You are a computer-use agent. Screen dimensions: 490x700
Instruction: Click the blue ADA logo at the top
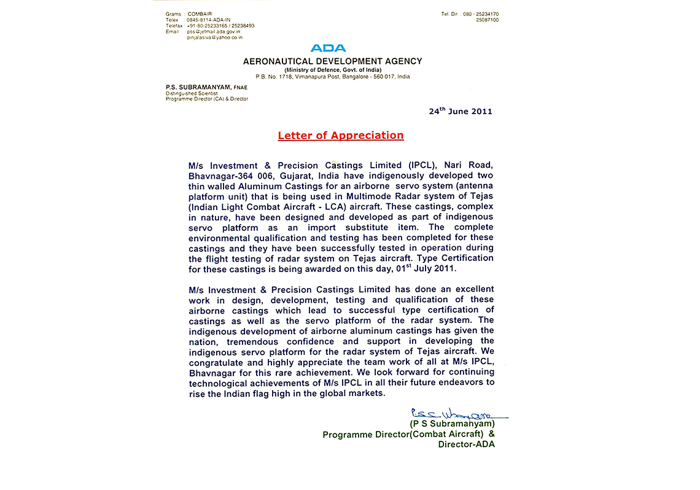pyautogui.click(x=328, y=48)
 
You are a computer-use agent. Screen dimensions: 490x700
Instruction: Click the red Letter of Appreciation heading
pyautogui.click(x=341, y=136)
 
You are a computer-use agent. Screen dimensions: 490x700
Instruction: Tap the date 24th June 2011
pyautogui.click(x=461, y=111)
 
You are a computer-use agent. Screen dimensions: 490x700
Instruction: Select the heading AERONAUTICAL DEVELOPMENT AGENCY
pyautogui.click(x=332, y=61)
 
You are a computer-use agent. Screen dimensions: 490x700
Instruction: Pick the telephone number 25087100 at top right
pyautogui.click(x=487, y=20)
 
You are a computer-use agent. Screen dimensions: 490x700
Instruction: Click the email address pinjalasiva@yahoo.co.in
pyautogui.click(x=214, y=37)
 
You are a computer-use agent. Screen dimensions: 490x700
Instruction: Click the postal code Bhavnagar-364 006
pyautogui.click(x=230, y=176)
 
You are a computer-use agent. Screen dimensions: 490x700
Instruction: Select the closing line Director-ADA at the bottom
pyautogui.click(x=466, y=445)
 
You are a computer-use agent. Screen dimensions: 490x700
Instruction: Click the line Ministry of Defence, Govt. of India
pyautogui.click(x=332, y=69)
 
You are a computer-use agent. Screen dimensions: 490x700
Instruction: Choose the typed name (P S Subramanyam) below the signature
pyautogui.click(x=452, y=424)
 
